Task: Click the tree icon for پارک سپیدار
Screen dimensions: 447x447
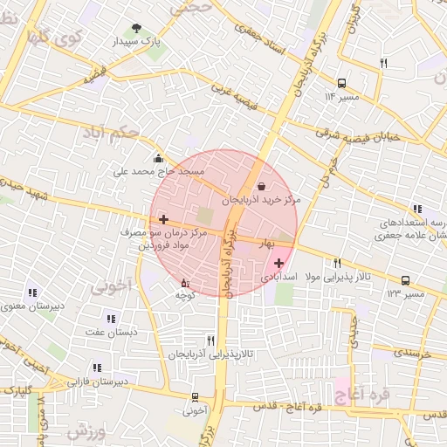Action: tap(136, 28)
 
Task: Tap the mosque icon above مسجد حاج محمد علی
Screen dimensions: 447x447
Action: tap(158, 159)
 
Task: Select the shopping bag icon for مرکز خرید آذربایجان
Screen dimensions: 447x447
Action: tap(263, 186)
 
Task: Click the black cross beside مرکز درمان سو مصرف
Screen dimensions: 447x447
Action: tap(163, 219)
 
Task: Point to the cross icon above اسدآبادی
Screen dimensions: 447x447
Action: tap(279, 263)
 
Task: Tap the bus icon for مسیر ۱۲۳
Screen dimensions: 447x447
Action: tap(406, 280)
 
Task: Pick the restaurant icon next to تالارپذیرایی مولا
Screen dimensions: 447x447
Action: tap(337, 263)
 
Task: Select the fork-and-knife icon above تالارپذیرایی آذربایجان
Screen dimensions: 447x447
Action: tap(210, 340)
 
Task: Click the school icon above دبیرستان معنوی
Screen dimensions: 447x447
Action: tap(33, 292)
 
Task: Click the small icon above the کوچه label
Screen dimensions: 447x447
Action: tap(183, 283)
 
